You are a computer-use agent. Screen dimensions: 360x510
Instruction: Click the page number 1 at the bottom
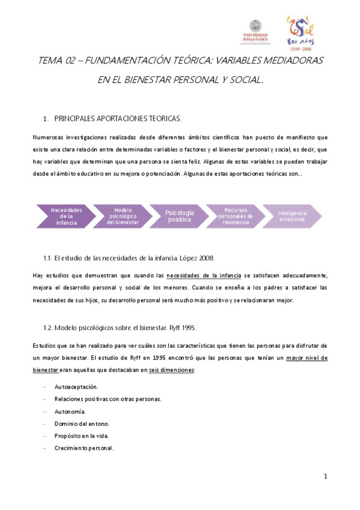click(325, 477)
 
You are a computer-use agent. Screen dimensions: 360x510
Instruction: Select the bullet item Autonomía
click(70, 411)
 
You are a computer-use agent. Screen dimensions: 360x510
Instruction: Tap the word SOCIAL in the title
click(245, 79)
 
